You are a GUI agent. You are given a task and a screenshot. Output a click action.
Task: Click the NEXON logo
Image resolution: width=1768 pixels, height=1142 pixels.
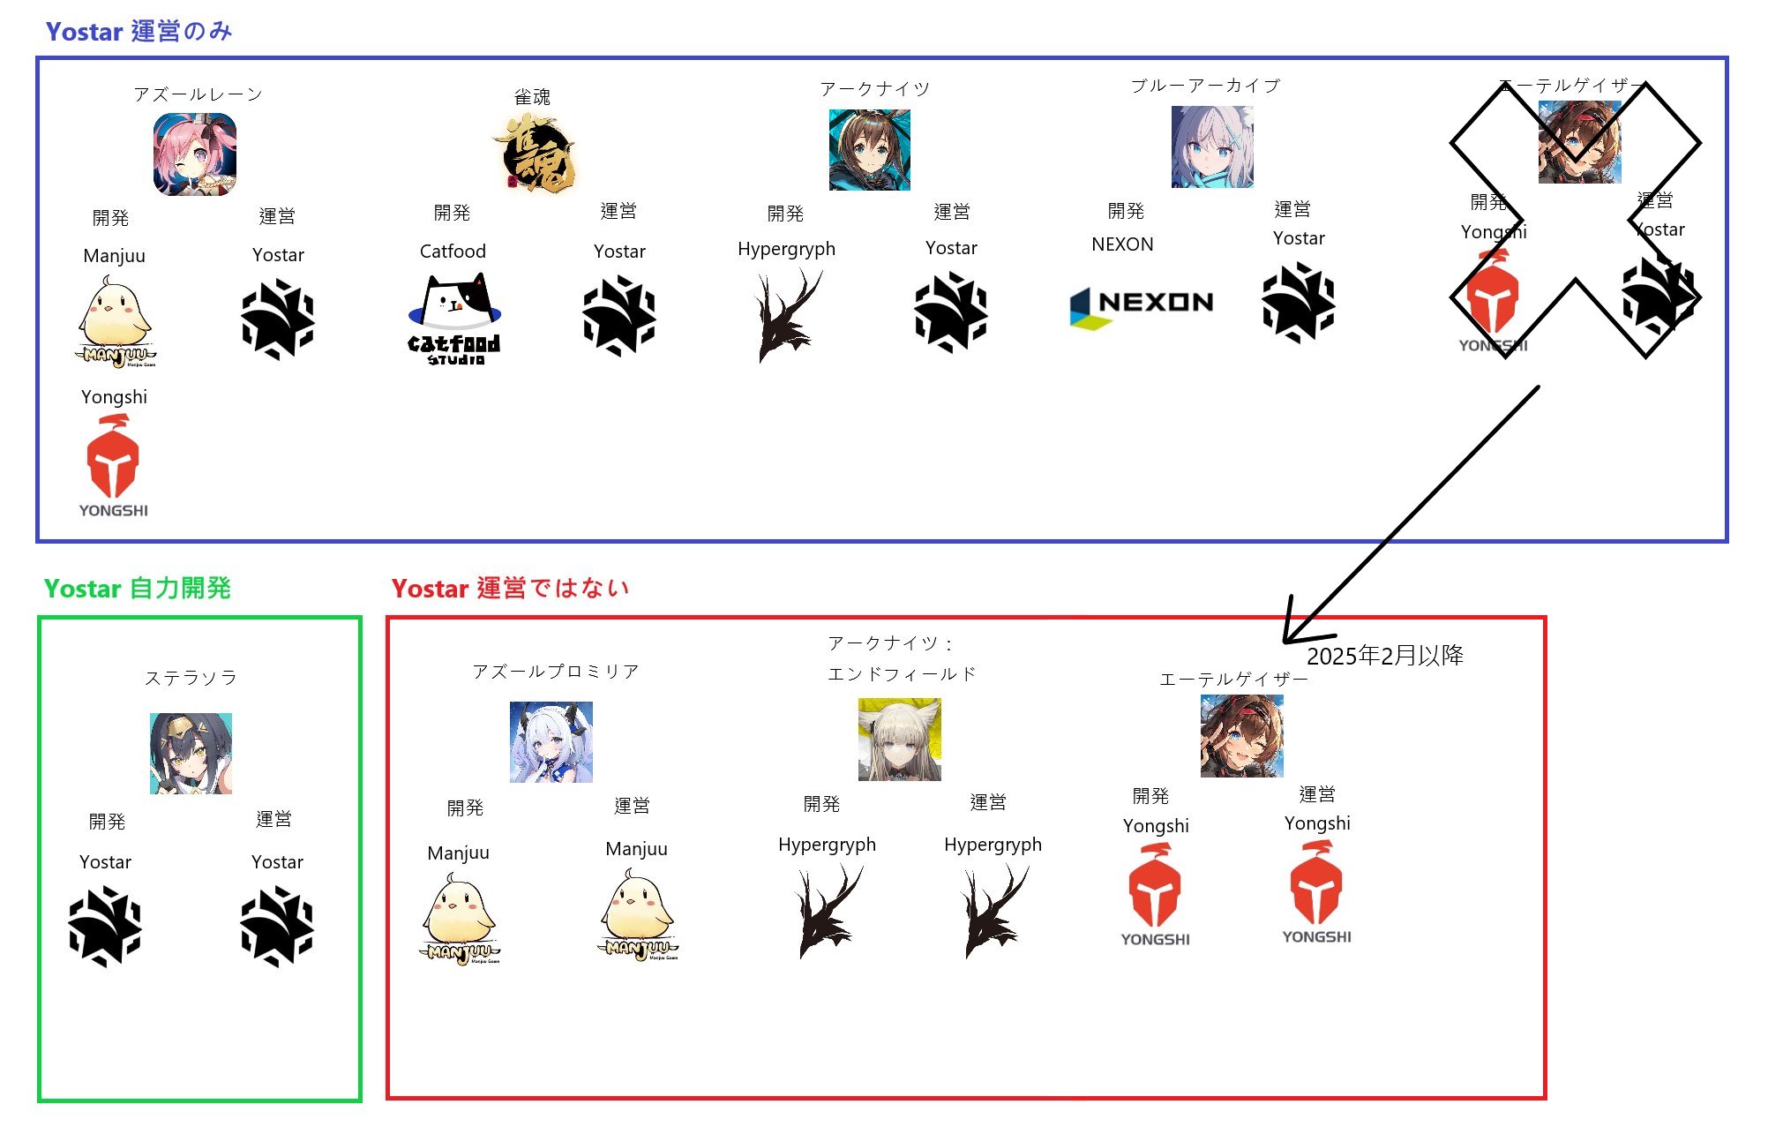click(1142, 305)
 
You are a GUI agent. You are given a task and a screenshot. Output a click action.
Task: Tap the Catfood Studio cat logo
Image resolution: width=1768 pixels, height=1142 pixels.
click(454, 318)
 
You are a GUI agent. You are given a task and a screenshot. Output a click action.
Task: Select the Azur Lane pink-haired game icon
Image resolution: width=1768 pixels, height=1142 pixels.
click(195, 154)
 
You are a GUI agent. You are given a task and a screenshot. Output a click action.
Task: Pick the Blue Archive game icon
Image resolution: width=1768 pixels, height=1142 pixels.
click(1212, 147)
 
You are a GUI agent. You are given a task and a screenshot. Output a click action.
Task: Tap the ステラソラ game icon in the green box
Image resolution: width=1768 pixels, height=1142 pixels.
click(191, 754)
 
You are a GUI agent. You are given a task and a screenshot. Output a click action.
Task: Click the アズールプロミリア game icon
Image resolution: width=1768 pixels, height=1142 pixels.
click(551, 742)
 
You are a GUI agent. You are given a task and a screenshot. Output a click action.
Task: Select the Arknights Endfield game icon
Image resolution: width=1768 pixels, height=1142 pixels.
click(900, 740)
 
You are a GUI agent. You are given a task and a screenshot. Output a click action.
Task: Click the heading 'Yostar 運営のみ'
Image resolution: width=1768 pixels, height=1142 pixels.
click(139, 32)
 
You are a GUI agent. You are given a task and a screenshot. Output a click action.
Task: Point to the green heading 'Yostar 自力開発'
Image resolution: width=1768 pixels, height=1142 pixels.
click(138, 589)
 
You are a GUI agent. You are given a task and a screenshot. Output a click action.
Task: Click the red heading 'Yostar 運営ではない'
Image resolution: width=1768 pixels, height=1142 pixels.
click(510, 589)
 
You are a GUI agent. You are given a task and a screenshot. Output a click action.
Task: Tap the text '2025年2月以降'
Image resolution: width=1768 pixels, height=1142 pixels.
click(1384, 656)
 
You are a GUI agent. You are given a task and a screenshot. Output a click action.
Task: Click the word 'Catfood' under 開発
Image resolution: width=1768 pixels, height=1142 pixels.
click(453, 252)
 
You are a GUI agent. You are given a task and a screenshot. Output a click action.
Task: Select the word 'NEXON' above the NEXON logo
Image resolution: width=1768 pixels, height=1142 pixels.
click(1122, 244)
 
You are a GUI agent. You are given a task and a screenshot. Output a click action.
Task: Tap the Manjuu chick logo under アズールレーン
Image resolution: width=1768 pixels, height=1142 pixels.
click(116, 321)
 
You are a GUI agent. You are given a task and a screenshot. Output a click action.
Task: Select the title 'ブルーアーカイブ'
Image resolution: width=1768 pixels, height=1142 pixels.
click(1205, 86)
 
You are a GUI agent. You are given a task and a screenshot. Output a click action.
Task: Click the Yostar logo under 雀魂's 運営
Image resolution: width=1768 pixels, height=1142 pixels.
click(619, 316)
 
